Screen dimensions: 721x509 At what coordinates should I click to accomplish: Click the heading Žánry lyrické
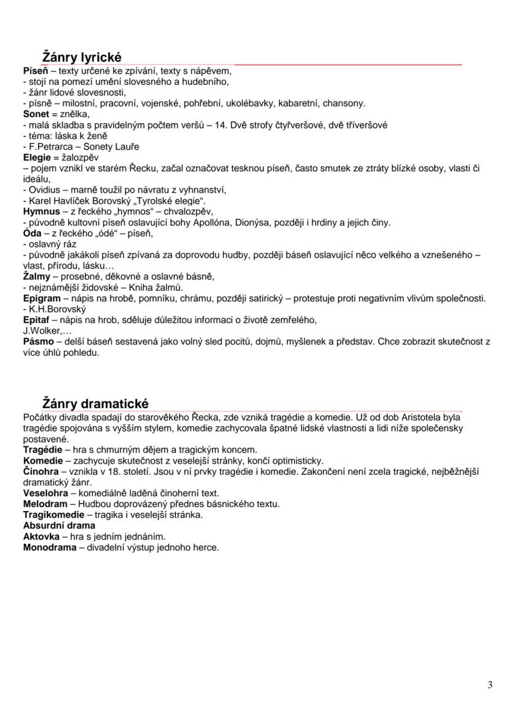point(82,57)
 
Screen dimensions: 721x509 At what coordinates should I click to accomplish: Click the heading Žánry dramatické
point(95,404)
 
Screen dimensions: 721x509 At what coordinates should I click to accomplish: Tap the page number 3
point(489,685)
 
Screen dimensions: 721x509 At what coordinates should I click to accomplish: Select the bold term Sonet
point(36,114)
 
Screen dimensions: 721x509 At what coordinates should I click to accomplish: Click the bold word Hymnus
point(42,211)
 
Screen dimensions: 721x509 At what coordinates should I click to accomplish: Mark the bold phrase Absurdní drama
point(59,525)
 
